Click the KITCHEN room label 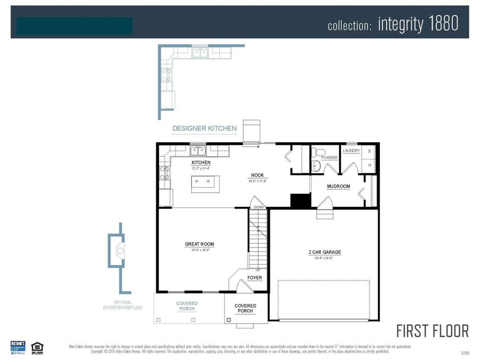pyautogui.click(x=201, y=162)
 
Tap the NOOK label pyautogui.click(x=258, y=175)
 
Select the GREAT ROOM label pyautogui.click(x=199, y=244)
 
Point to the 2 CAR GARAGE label pyautogui.click(x=324, y=252)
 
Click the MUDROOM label pyautogui.click(x=339, y=187)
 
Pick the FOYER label pyautogui.click(x=254, y=278)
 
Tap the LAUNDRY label pyautogui.click(x=351, y=151)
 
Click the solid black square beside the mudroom pyautogui.click(x=300, y=201)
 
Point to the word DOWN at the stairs pyautogui.click(x=259, y=207)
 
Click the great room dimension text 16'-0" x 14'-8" pyautogui.click(x=199, y=250)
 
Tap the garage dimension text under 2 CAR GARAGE pyautogui.click(x=324, y=258)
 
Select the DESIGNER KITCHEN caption pyautogui.click(x=204, y=129)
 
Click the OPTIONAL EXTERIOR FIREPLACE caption pyautogui.click(x=123, y=305)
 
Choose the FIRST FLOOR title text pyautogui.click(x=433, y=331)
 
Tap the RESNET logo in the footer pyautogui.click(x=18, y=347)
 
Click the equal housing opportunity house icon pyautogui.click(x=37, y=347)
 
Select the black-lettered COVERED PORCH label pyautogui.click(x=245, y=308)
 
